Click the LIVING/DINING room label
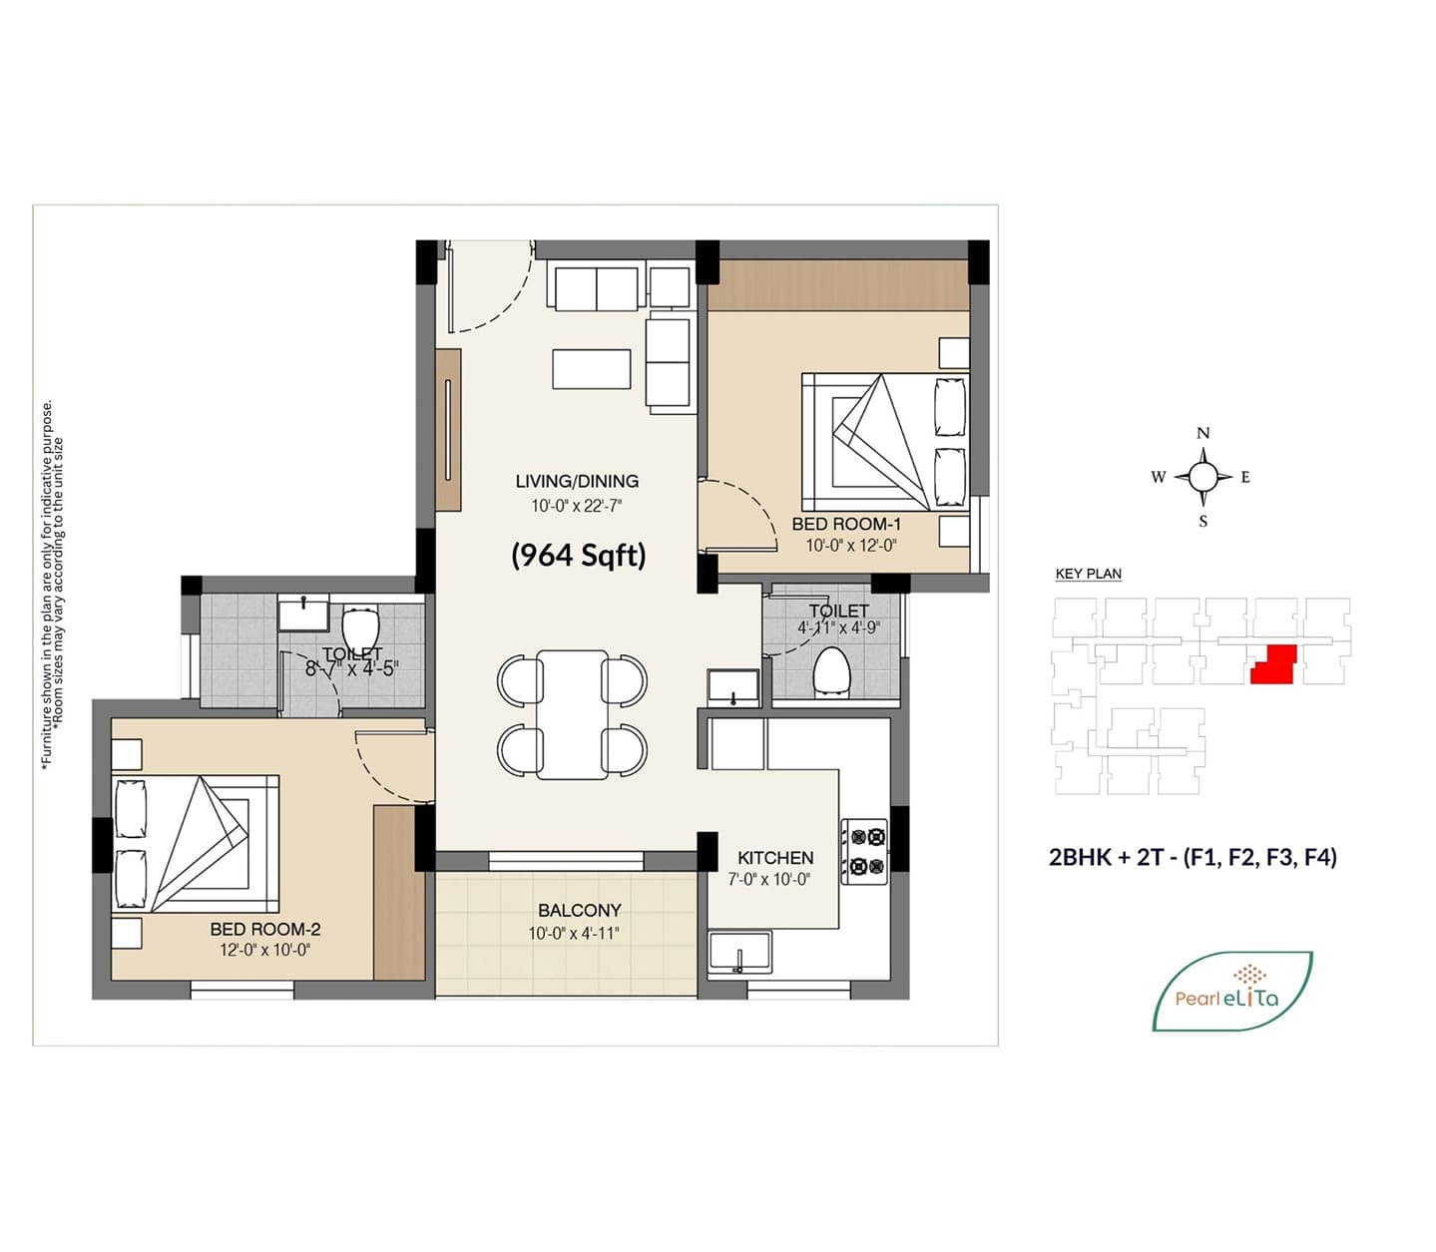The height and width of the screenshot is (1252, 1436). pyautogui.click(x=577, y=481)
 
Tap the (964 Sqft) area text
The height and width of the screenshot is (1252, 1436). pyautogui.click(x=579, y=556)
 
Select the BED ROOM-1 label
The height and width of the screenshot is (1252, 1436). pyautogui.click(x=846, y=524)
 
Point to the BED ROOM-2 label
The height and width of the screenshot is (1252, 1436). pyautogui.click(x=265, y=930)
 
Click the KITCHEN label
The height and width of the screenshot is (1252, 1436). pyautogui.click(x=775, y=858)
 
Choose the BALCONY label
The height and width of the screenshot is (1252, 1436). pyautogui.click(x=580, y=911)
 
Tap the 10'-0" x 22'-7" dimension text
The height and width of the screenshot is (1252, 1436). pyautogui.click(x=577, y=506)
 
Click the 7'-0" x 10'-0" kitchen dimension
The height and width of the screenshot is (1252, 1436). pyautogui.click(x=769, y=880)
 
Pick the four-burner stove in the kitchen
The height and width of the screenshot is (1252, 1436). pyautogui.click(x=864, y=852)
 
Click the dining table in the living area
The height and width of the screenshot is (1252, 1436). pyautogui.click(x=573, y=714)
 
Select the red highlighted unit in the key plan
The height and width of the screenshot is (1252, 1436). pyautogui.click(x=1274, y=663)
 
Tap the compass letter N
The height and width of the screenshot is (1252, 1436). pyautogui.click(x=1202, y=434)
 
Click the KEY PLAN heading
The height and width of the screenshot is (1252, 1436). pyautogui.click(x=1089, y=574)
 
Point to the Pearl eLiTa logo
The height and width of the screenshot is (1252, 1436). pyautogui.click(x=1232, y=991)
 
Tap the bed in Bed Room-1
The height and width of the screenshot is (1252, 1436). pyautogui.click(x=885, y=442)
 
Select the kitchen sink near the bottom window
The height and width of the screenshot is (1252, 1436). pyautogui.click(x=739, y=952)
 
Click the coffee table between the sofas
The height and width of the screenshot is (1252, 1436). pyautogui.click(x=591, y=369)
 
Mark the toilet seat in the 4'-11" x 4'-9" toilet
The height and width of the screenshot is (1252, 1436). pyautogui.click(x=831, y=672)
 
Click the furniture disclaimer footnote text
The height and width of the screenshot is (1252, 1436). pyautogui.click(x=53, y=586)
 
